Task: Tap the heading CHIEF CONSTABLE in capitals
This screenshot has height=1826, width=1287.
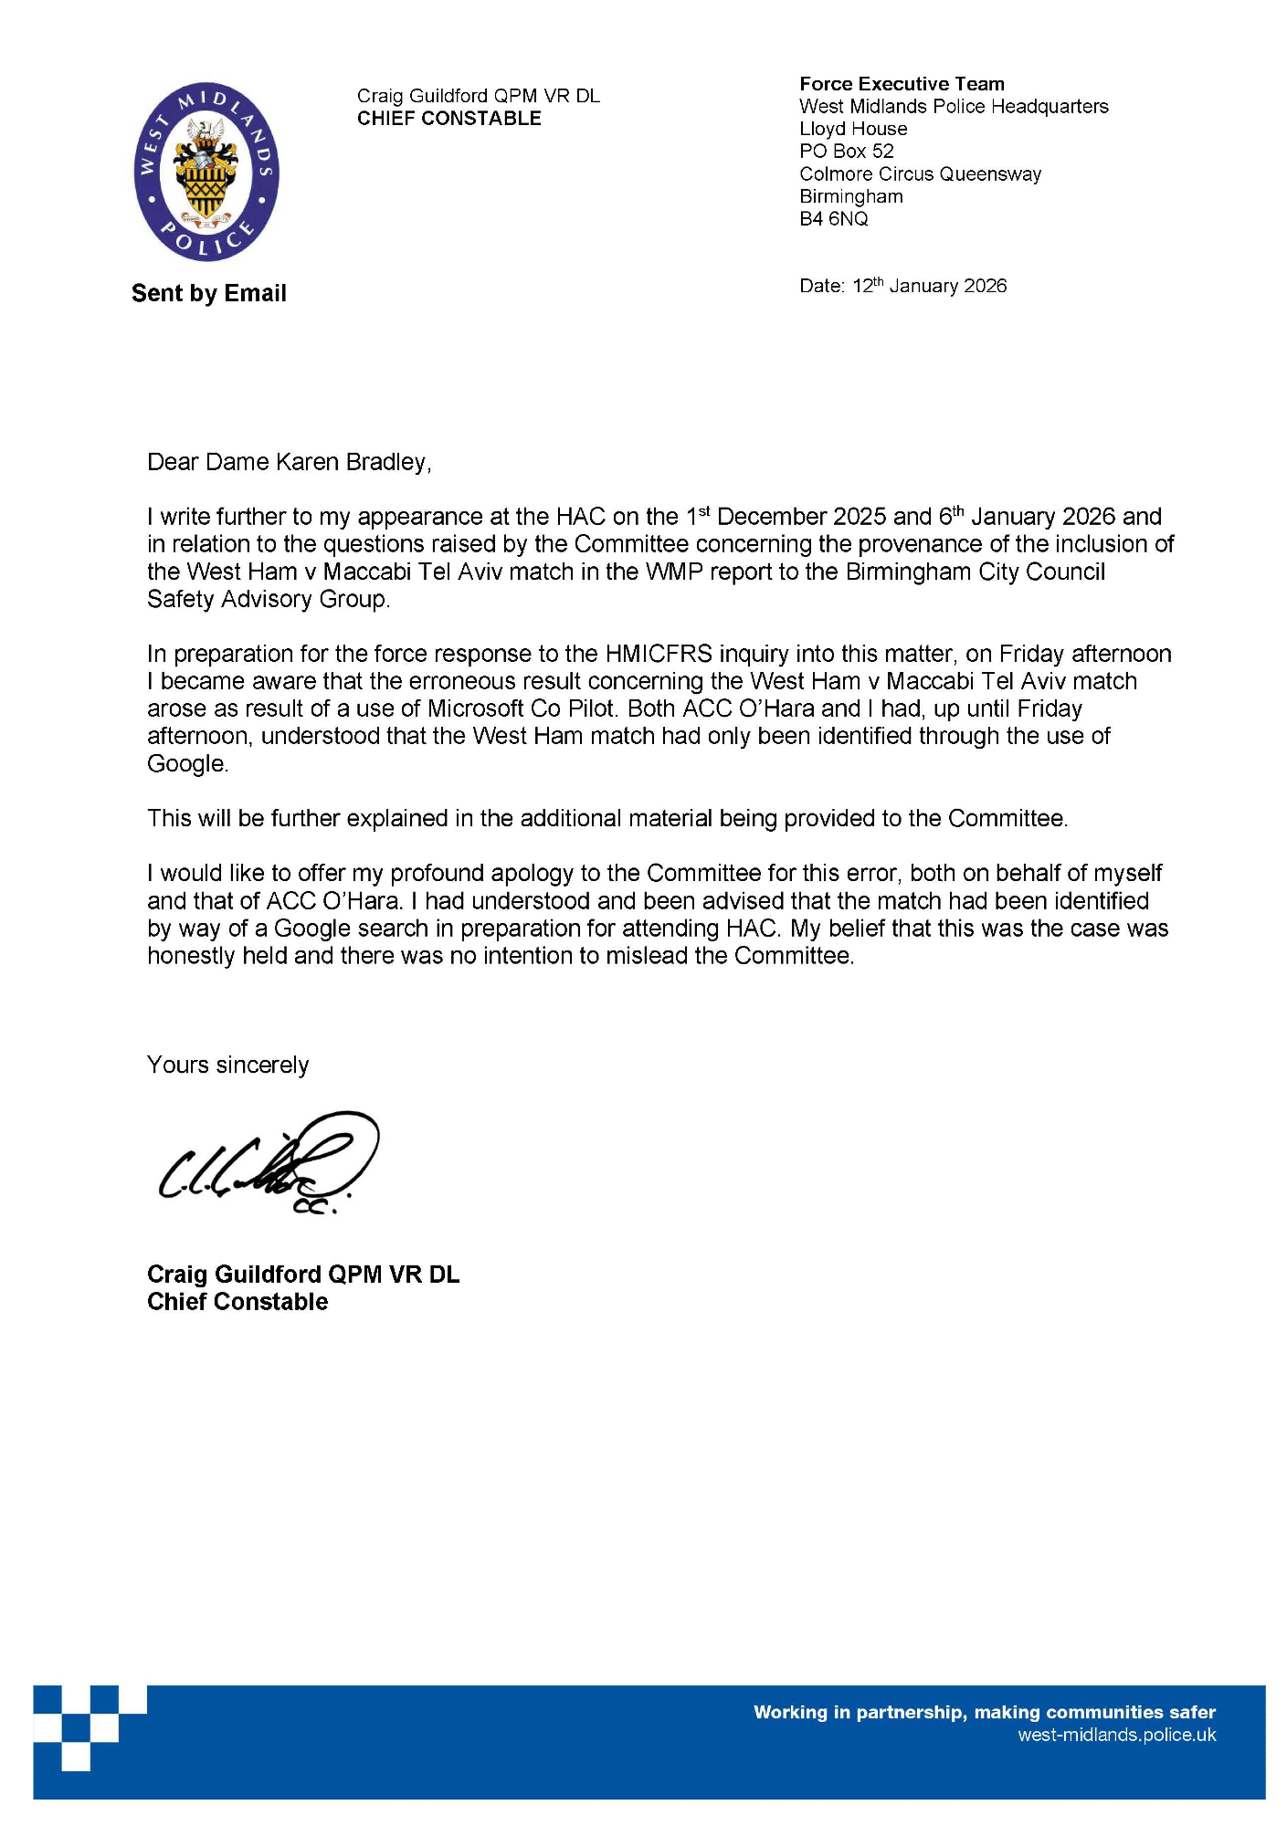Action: [x=448, y=119]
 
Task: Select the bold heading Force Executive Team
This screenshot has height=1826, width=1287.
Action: [x=901, y=84]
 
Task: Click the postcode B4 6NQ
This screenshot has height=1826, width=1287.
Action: [x=833, y=219]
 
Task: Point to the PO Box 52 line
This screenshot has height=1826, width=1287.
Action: [x=846, y=152]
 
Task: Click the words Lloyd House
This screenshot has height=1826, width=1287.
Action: [x=852, y=129]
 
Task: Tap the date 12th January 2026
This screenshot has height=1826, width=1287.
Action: [x=928, y=286]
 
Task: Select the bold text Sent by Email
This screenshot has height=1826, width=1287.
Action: [x=208, y=293]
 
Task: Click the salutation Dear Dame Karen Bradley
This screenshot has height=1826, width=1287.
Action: [x=289, y=462]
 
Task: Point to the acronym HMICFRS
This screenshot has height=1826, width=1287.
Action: [x=658, y=654]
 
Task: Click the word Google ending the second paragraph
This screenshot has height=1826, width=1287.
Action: [x=186, y=764]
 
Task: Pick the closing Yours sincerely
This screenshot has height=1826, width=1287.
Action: [x=227, y=1065]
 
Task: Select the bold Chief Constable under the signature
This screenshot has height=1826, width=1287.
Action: [x=237, y=1302]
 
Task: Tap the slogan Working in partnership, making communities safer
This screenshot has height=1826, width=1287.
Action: [x=984, y=1713]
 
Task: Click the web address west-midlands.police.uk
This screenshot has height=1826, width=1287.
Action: [x=1116, y=1736]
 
